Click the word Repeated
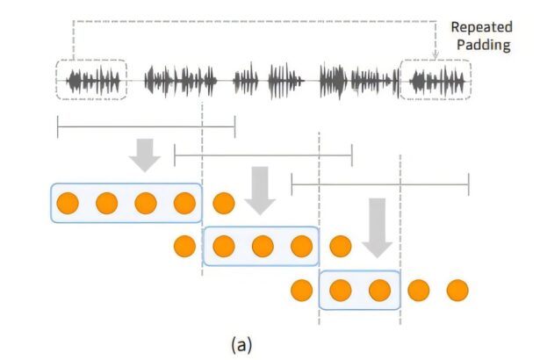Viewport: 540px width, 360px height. coord(482,28)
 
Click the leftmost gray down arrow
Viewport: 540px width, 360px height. coord(144,154)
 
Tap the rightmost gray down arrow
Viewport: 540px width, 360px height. coord(378,227)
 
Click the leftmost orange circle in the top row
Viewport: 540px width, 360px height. coord(68,205)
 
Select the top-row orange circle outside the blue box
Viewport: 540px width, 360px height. coord(224,205)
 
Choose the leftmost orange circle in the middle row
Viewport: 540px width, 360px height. coord(185,246)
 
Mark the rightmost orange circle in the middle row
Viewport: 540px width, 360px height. coord(340,246)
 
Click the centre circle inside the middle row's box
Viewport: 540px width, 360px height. coord(262,246)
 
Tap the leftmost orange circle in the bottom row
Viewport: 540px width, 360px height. coord(301,290)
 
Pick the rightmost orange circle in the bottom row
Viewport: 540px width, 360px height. coord(457,290)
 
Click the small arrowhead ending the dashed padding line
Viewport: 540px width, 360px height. coord(436,54)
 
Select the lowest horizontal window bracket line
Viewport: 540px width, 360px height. coord(379,184)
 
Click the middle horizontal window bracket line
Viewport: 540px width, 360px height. coord(263,155)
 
